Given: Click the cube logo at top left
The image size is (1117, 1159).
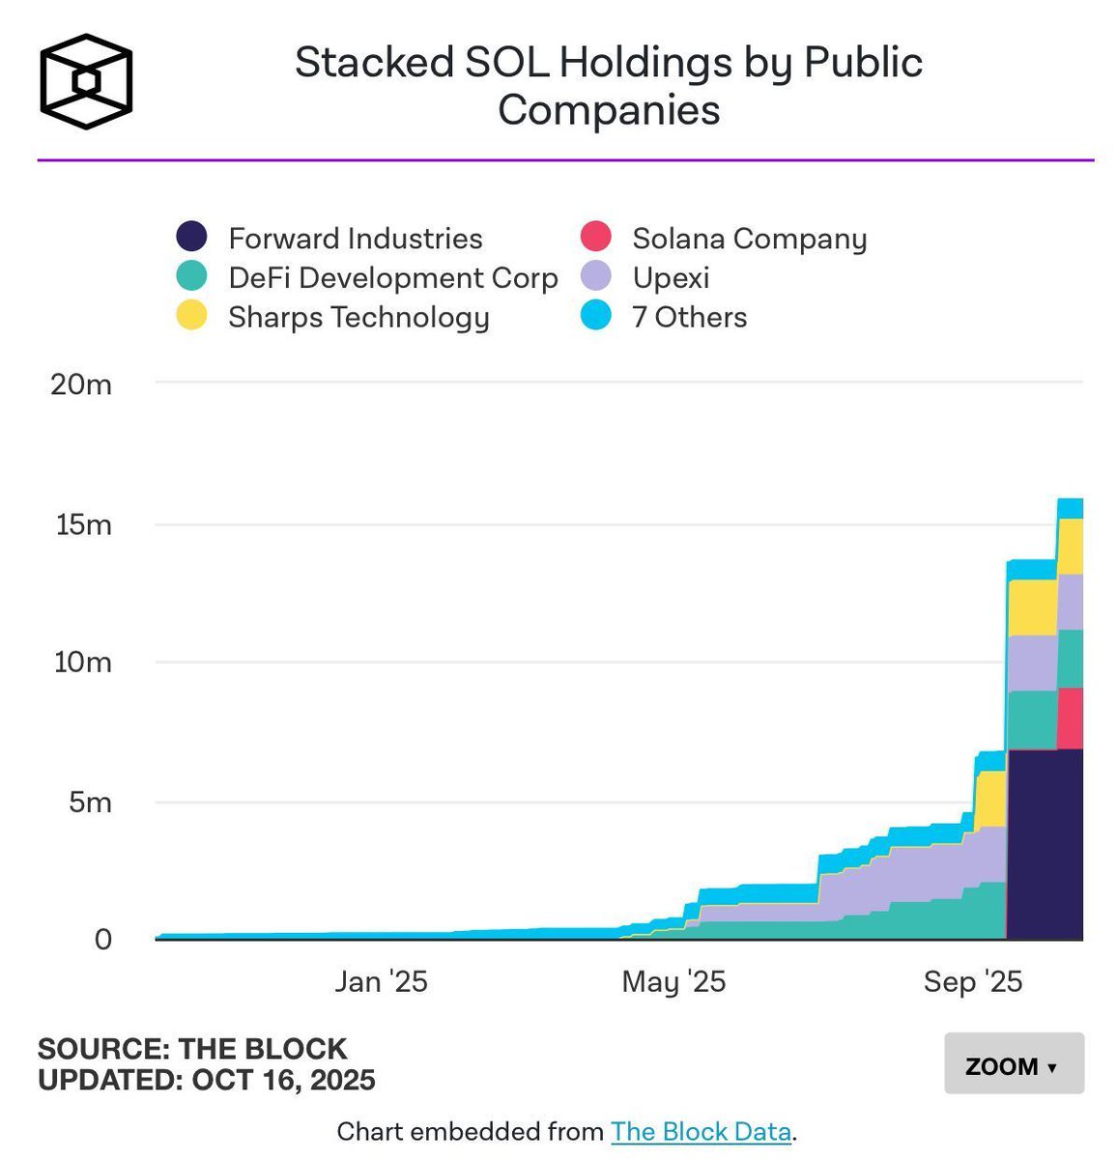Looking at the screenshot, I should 86,82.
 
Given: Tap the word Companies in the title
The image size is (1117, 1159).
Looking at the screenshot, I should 609,110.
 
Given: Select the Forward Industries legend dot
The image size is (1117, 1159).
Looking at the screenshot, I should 191,238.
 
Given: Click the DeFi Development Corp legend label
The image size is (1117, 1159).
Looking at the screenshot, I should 393,278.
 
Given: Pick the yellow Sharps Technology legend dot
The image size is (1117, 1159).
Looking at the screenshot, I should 191,317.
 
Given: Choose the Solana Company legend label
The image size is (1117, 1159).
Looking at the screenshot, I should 749,239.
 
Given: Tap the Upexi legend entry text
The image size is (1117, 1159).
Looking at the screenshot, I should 671,278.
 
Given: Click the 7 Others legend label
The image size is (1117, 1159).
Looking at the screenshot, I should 689,317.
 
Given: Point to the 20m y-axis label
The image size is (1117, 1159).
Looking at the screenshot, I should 81,384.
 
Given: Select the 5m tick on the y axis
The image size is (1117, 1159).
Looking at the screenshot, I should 89,802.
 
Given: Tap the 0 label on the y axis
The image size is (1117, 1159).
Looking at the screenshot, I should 102,939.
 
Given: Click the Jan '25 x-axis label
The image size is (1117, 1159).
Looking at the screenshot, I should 381,981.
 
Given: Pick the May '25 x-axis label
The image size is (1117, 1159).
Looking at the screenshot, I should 673,981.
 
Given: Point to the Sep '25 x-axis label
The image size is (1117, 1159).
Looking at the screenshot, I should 972,981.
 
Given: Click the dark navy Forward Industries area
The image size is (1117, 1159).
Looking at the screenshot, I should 1044,850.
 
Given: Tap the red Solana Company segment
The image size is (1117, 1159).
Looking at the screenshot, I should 1069,719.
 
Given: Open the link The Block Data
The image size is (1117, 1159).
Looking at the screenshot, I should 701,1131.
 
